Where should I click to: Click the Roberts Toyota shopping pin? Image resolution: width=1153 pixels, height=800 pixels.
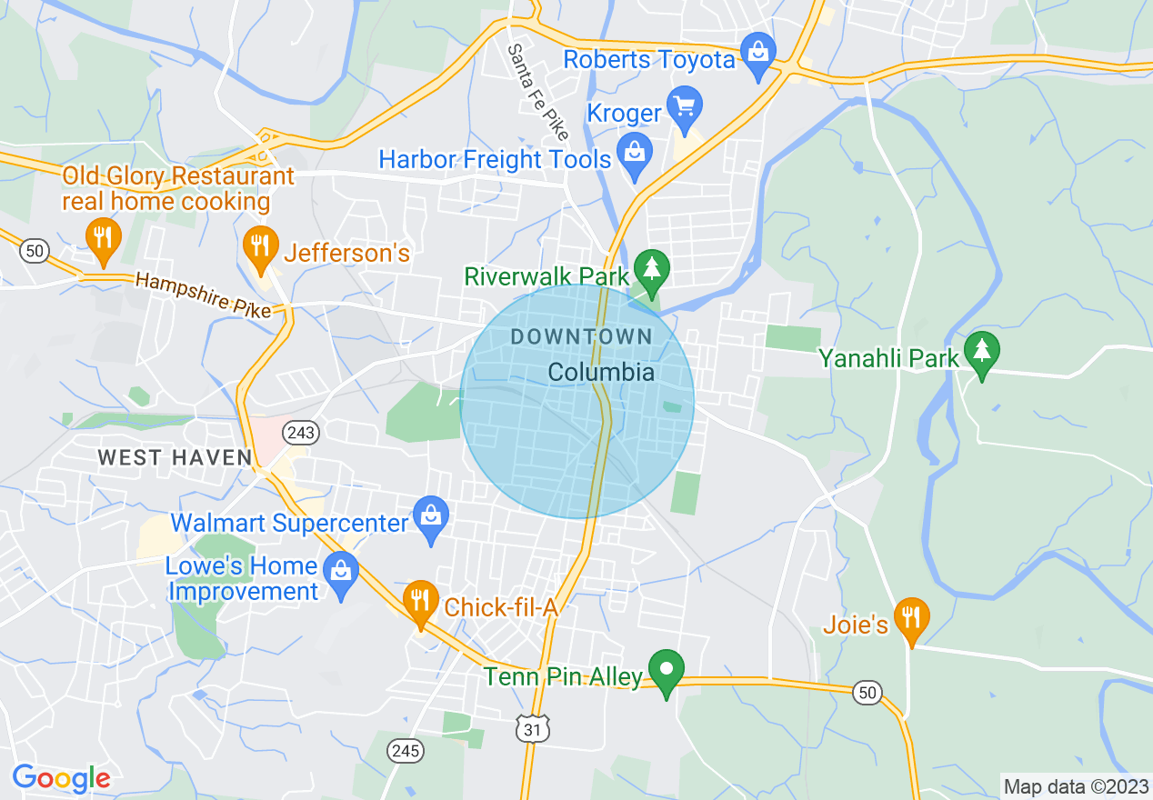pyautogui.click(x=757, y=53)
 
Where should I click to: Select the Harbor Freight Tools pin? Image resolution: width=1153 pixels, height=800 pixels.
pyautogui.click(x=634, y=153)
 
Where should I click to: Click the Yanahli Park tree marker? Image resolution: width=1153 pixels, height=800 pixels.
pyautogui.click(x=981, y=351)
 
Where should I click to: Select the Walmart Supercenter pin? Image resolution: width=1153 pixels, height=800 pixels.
pyautogui.click(x=431, y=516)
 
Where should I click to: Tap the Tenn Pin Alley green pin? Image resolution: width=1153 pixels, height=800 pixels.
pyautogui.click(x=667, y=671)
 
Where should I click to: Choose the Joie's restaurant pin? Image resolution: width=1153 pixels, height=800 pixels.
pyautogui.click(x=910, y=618)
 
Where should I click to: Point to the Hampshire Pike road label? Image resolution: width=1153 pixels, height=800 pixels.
pyautogui.click(x=203, y=295)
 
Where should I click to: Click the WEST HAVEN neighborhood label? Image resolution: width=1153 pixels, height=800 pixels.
pyautogui.click(x=174, y=457)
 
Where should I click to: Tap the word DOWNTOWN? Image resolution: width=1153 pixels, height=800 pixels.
pyautogui.click(x=581, y=337)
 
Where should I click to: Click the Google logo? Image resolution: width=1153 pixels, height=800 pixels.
pyautogui.click(x=61, y=778)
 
